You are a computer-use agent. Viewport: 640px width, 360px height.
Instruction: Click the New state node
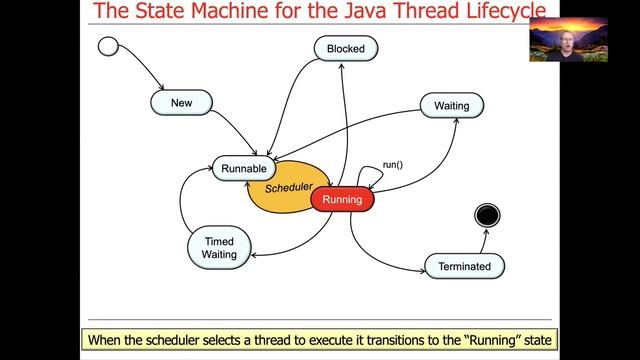pyautogui.click(x=181, y=102)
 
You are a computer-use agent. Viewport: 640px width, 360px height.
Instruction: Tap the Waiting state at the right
pyautogui.click(x=451, y=105)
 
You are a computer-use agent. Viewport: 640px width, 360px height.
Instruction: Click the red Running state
pyautogui.click(x=342, y=200)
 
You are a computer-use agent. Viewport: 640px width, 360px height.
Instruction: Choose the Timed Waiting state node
pyautogui.click(x=219, y=248)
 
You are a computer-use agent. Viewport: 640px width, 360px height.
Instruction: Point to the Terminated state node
pyautogui.click(x=464, y=266)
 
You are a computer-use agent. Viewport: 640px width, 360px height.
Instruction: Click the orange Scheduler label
pyautogui.click(x=288, y=187)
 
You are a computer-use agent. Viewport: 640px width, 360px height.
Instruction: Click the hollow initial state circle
pyautogui.click(x=109, y=46)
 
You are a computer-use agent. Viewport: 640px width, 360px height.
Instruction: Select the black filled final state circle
pyautogui.click(x=487, y=215)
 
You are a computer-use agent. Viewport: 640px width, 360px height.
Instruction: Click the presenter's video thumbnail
pyautogui.click(x=568, y=39)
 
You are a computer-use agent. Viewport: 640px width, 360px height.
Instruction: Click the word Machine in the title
pyautogui.click(x=211, y=12)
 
